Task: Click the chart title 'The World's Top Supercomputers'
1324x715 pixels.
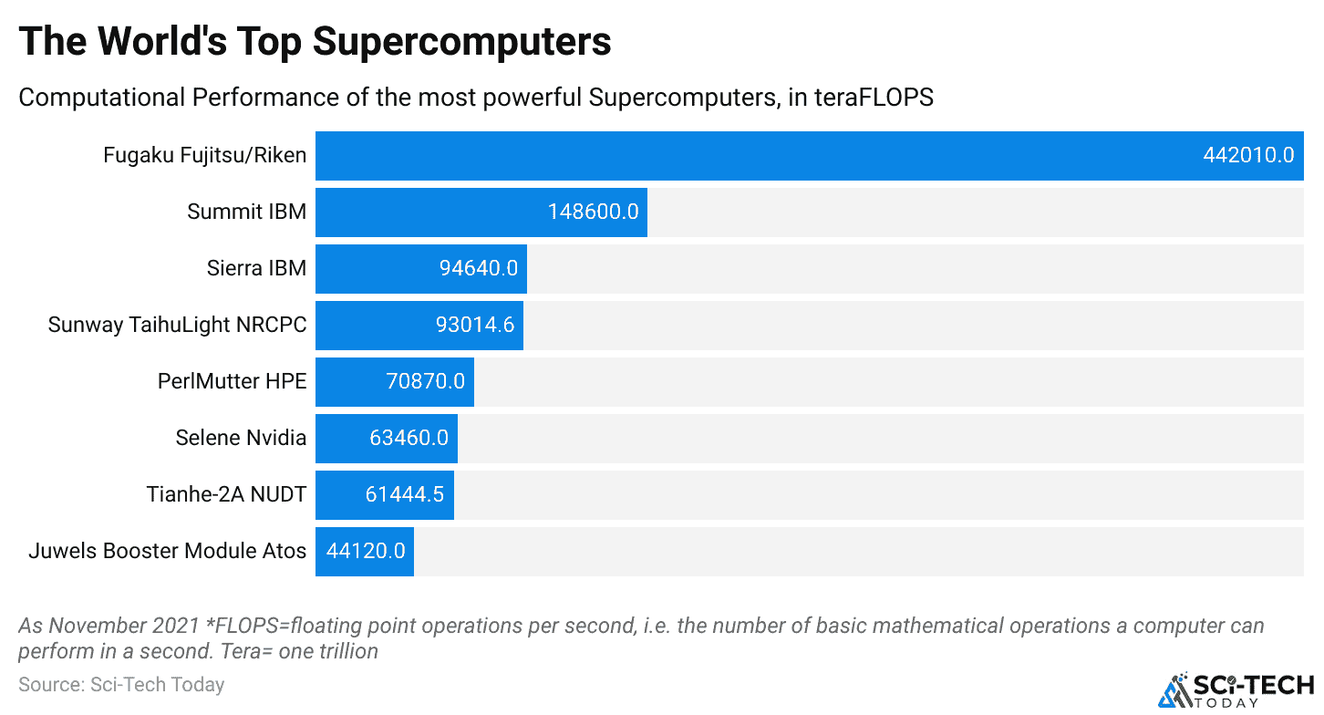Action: (x=315, y=41)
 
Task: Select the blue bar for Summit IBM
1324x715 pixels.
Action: (x=429, y=212)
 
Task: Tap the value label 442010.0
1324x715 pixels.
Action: (x=1247, y=155)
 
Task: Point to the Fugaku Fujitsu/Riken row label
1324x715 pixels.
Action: (x=204, y=156)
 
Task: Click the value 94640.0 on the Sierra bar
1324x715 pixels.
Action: (x=478, y=268)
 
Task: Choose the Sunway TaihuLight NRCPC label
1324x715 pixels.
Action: (x=177, y=325)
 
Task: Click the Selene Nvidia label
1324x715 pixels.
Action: (x=241, y=438)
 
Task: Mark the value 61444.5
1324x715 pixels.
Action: (x=404, y=494)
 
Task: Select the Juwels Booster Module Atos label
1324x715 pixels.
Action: (x=167, y=551)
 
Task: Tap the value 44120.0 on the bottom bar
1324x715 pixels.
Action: (x=366, y=551)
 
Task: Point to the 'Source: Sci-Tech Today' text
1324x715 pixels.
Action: (x=121, y=684)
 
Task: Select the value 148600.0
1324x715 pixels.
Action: (x=593, y=212)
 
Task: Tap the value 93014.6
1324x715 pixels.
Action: (x=475, y=325)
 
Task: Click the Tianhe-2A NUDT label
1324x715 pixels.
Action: (x=226, y=494)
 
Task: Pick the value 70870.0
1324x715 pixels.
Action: (x=426, y=381)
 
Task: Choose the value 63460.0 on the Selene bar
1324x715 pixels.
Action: (x=409, y=438)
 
